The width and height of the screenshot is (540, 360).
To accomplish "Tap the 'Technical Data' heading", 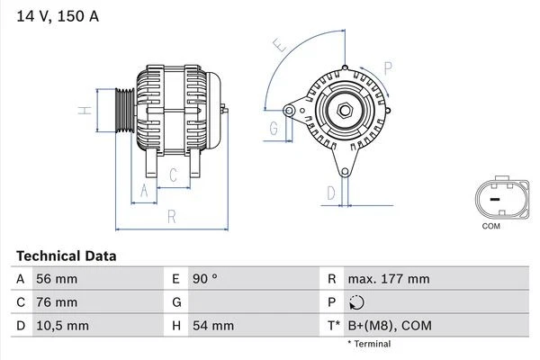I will tap(66, 256).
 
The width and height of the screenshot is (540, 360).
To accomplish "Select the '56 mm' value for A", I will tap(56, 280).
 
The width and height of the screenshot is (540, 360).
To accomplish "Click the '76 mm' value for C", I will tap(56, 302).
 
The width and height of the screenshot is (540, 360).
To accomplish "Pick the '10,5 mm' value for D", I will tap(61, 325).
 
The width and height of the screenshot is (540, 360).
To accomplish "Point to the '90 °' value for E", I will tap(202, 280).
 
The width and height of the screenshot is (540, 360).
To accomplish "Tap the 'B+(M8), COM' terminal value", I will tap(391, 325).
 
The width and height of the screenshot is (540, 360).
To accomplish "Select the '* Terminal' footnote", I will tap(369, 344).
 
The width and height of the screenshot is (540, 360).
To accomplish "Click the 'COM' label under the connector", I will tap(490, 226).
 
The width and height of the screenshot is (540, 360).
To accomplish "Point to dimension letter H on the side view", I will tap(83, 111).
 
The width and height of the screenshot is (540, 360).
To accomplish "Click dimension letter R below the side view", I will tap(170, 217).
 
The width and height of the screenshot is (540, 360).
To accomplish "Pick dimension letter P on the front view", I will tap(388, 66).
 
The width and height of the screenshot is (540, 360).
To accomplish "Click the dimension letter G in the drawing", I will tap(273, 129).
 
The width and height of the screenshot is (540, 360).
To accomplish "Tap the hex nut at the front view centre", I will tap(345, 111).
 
